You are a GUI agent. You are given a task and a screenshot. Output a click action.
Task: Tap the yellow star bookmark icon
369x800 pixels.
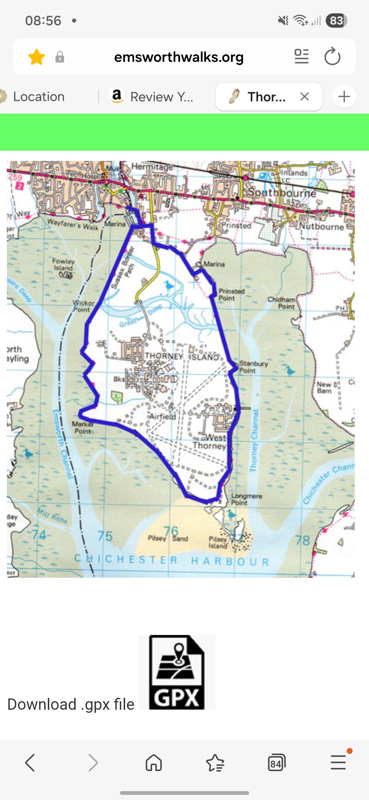(x=37, y=57)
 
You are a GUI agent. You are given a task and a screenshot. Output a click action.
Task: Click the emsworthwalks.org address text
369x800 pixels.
(x=179, y=57)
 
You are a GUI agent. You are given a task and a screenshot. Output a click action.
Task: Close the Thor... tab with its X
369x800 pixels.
(x=304, y=97)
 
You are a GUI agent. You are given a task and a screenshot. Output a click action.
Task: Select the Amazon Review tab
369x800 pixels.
(x=152, y=97)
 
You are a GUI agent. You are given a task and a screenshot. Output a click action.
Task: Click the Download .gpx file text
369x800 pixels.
(x=71, y=704)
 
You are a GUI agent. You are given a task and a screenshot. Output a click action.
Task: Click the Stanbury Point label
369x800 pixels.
(x=253, y=367)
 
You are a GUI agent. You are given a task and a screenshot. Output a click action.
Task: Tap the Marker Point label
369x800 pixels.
(x=83, y=428)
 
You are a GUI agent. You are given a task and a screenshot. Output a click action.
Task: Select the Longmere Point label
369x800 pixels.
(x=246, y=499)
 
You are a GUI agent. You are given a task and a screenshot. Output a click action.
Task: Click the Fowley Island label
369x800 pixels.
(x=63, y=264)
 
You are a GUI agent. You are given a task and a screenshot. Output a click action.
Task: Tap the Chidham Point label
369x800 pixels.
(x=282, y=303)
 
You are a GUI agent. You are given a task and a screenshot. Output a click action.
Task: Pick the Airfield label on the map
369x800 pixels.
(x=163, y=416)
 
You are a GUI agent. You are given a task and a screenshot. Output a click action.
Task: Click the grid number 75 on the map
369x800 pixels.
(x=105, y=536)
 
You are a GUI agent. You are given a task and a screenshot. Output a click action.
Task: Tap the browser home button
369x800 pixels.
(x=154, y=763)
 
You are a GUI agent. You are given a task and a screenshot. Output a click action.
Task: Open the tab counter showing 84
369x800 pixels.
(x=276, y=763)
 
